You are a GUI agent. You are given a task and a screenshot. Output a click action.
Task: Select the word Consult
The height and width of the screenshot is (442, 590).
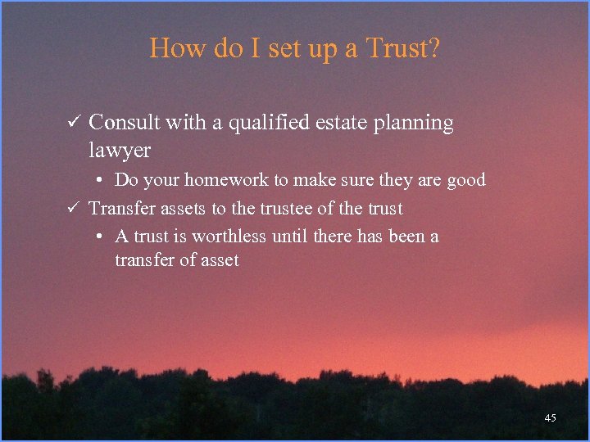click(124, 123)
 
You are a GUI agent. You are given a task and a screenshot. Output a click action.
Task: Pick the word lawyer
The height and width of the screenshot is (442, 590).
click(120, 151)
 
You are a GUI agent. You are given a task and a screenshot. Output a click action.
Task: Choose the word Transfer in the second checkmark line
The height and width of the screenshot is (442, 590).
click(120, 208)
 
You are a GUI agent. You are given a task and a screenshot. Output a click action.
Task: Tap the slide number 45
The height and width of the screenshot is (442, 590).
click(550, 418)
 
